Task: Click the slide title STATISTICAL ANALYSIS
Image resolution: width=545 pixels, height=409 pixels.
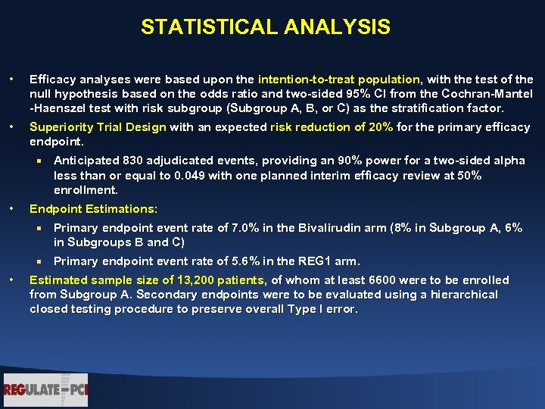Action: tap(265, 28)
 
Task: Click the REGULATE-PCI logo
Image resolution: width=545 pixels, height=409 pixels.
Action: tap(45, 390)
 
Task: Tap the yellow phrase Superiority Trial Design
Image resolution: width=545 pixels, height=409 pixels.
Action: tap(98, 127)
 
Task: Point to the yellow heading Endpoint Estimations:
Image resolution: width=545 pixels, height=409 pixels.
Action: tap(93, 208)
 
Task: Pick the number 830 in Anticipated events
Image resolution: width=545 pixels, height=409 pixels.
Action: tap(127, 161)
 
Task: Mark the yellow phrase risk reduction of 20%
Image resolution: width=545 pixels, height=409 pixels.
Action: tap(332, 127)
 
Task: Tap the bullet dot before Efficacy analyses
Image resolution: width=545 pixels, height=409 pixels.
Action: tap(11, 80)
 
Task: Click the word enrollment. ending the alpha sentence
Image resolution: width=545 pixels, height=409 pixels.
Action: tap(86, 189)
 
